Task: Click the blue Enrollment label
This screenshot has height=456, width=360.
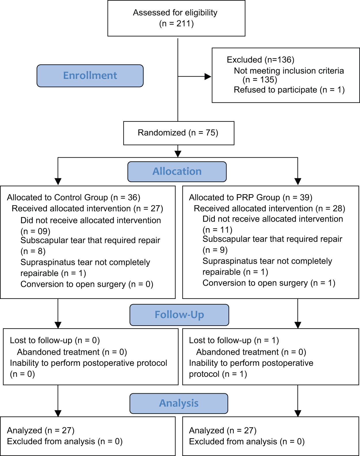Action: (90, 76)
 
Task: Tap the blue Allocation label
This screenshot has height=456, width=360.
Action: (177, 172)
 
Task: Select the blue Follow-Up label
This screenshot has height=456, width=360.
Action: (179, 315)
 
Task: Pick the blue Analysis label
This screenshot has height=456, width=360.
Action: (179, 403)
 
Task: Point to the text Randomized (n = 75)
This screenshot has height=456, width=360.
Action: (178, 133)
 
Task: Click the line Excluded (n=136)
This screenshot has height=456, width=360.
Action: (261, 60)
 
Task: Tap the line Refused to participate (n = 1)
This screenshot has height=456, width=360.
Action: (289, 90)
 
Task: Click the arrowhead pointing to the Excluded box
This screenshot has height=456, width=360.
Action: (208, 77)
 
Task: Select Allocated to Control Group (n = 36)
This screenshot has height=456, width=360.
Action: (74, 198)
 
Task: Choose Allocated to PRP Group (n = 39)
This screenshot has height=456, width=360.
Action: (251, 198)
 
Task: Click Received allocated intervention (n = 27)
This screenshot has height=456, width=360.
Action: (87, 209)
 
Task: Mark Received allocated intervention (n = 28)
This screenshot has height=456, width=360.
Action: (270, 209)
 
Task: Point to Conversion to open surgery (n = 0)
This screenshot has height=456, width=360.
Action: (87, 284)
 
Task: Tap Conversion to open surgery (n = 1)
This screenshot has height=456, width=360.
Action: (269, 283)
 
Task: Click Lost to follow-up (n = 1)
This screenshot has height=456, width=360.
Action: (234, 341)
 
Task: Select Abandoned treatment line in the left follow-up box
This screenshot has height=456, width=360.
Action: (72, 352)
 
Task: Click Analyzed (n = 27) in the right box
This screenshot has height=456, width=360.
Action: (223, 431)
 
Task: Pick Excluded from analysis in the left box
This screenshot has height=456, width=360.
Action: (65, 442)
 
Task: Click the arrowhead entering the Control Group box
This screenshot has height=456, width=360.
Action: (58, 182)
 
